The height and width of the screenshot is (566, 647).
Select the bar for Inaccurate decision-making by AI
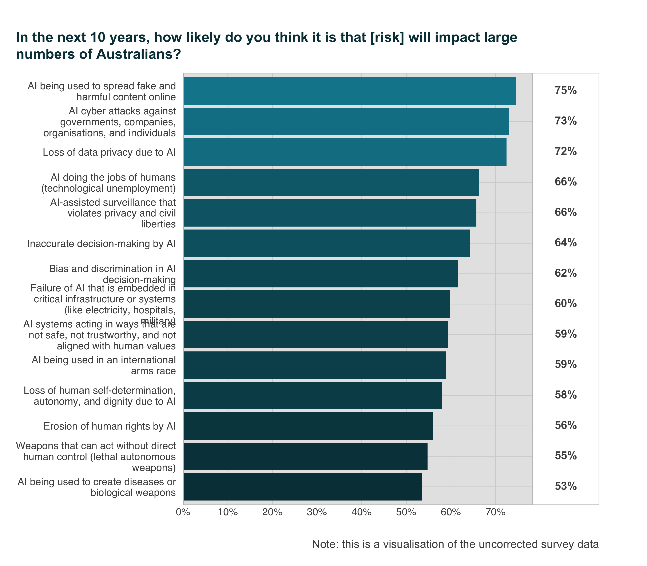326,243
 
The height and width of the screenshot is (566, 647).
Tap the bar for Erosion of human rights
308,426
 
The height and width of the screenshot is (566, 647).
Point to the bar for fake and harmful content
349,91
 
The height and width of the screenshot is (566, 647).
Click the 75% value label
565,91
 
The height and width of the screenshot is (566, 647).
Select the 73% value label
565,121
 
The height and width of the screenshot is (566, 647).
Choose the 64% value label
565,243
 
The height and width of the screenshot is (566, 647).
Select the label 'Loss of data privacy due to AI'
109,152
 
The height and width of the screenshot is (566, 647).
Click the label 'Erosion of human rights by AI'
109,426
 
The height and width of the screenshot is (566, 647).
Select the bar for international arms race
315,365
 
